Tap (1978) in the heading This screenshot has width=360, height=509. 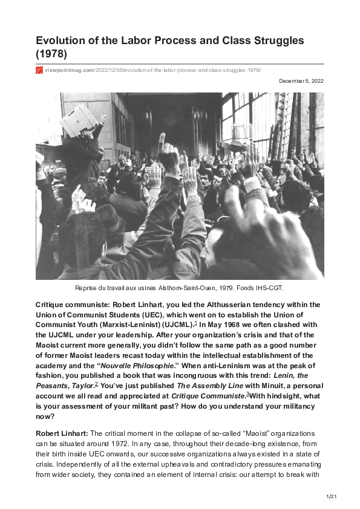(x=51, y=54)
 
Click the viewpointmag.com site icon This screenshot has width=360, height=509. (x=39, y=70)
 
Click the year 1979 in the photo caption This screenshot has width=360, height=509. (x=225, y=288)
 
